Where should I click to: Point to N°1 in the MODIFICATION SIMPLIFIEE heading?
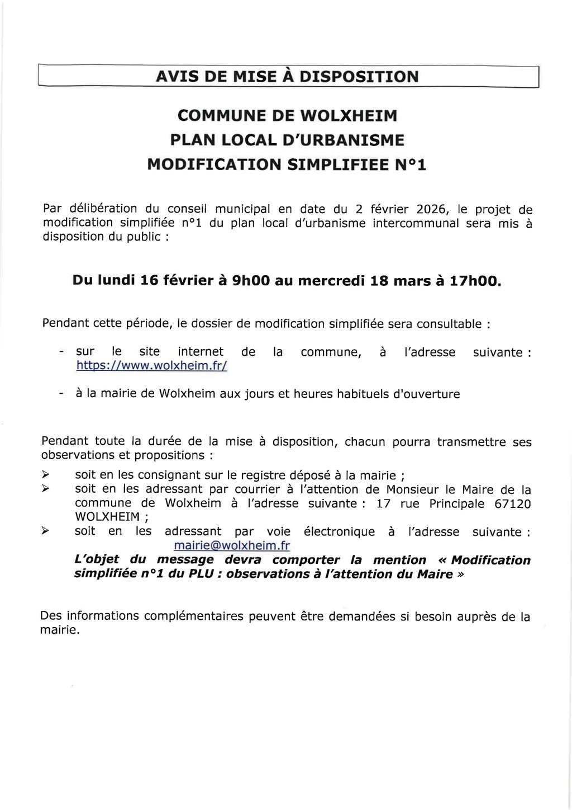[411, 165]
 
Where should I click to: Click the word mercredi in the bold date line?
[331, 281]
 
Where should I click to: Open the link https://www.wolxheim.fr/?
[152, 366]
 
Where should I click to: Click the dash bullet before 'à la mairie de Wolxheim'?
[59, 394]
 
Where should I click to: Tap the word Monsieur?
[411, 489]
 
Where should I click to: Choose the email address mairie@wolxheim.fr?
[232, 545]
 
